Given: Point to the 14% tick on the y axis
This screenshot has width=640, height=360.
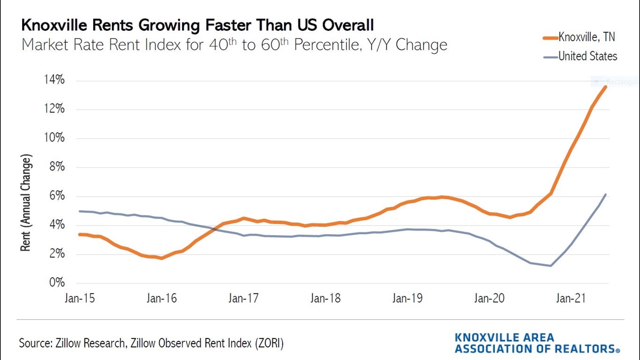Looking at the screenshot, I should tap(54, 80).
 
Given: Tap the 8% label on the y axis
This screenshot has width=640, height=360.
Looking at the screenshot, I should tap(57, 167).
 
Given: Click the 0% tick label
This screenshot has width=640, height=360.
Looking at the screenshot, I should tap(57, 283).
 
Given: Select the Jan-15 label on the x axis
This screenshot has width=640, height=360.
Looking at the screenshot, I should tap(80, 298).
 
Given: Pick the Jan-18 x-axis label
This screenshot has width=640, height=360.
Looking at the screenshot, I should tap(325, 298).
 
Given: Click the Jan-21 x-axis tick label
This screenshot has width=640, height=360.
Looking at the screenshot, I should tap(571, 298).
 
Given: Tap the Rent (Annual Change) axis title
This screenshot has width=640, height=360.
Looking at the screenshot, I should tap(26, 202).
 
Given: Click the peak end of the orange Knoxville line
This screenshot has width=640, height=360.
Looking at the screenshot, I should tap(605, 87).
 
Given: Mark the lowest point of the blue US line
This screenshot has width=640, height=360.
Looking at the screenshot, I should tap(551, 266).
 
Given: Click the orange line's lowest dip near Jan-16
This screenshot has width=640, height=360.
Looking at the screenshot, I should tap(162, 258).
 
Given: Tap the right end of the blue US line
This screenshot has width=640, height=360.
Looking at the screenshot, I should tap(605, 195).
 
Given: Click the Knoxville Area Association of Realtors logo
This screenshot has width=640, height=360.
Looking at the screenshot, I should tap(537, 343).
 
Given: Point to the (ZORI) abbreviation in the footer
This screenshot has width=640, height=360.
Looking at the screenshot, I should tap(269, 343).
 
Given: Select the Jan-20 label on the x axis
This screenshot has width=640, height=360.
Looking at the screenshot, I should tap(489, 298).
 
